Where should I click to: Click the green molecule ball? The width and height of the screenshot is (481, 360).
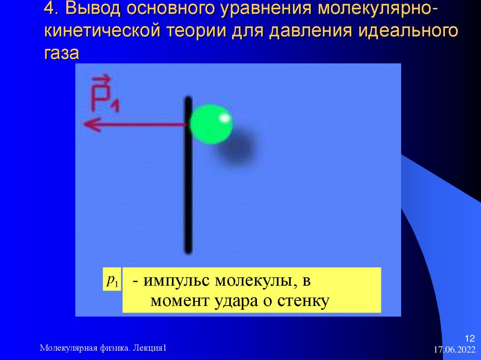211,124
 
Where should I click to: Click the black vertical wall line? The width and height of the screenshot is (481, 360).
188,188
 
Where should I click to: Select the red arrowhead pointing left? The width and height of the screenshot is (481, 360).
92,125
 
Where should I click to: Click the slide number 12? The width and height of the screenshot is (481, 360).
470,339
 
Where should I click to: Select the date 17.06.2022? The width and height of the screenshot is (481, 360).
454,350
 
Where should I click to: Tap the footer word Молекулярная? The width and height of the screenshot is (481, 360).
69,348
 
